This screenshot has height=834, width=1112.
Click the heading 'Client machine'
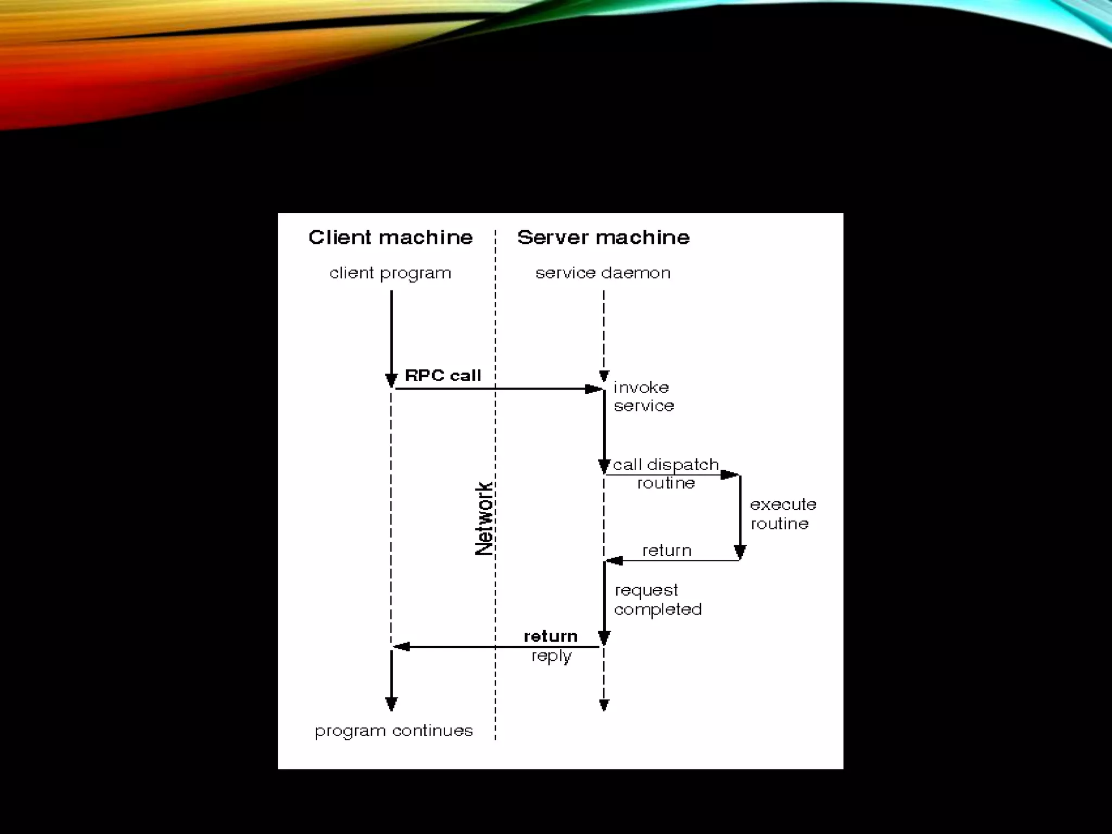click(390, 238)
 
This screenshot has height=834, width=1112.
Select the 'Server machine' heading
click(603, 238)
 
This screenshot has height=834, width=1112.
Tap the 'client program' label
click(390, 273)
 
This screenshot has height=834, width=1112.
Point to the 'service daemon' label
click(603, 273)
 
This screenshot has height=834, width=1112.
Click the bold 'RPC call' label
click(443, 376)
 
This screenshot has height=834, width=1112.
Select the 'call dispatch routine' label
click(666, 473)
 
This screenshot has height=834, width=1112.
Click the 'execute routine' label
click(782, 514)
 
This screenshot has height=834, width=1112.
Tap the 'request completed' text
click(658, 599)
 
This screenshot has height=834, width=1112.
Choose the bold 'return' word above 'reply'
click(551, 636)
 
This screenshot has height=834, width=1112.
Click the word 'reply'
click(551, 656)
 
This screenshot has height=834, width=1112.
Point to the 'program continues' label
click(394, 731)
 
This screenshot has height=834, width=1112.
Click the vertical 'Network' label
click(484, 519)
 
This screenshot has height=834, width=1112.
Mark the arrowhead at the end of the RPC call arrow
click(593, 389)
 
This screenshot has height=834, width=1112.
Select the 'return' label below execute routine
click(667, 551)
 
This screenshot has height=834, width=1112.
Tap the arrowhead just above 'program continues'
click(391, 704)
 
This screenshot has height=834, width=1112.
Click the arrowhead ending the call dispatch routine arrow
click(729, 475)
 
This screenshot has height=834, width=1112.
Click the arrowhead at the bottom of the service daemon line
click(604, 705)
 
